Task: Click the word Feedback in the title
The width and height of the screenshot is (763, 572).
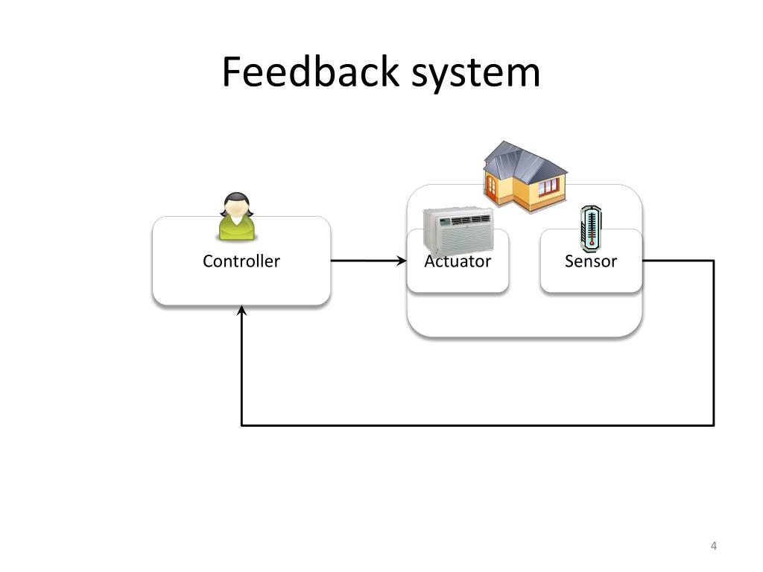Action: click(x=311, y=72)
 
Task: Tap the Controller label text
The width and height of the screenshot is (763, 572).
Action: click(x=241, y=261)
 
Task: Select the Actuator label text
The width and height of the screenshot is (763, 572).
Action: click(x=458, y=261)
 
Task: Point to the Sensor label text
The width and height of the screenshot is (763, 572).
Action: click(x=591, y=261)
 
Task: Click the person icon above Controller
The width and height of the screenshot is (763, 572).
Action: click(x=236, y=217)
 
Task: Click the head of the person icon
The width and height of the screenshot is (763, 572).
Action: click(x=236, y=205)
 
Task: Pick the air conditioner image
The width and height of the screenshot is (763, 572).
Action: click(x=458, y=231)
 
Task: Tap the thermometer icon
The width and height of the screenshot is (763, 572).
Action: click(x=591, y=229)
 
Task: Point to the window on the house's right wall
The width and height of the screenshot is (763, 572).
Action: click(x=548, y=185)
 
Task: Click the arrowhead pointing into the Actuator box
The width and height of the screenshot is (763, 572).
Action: click(x=402, y=261)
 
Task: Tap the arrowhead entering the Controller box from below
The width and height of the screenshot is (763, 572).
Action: click(x=241, y=311)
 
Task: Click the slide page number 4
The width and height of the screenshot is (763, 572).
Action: click(x=713, y=546)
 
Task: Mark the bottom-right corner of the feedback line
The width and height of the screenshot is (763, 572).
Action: click(x=713, y=425)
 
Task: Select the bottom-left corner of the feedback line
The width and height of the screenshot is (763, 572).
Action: click(x=242, y=425)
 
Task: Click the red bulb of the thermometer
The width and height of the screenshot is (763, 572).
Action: click(x=592, y=244)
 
